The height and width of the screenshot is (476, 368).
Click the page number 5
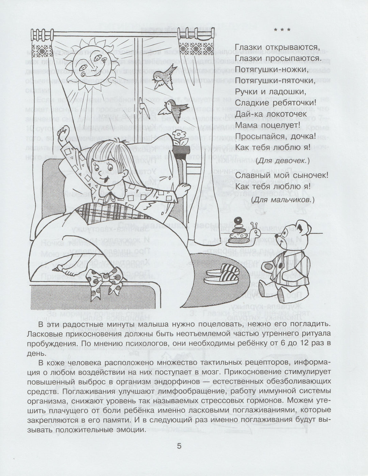coord(180,446)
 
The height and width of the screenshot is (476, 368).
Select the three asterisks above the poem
coord(282,30)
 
